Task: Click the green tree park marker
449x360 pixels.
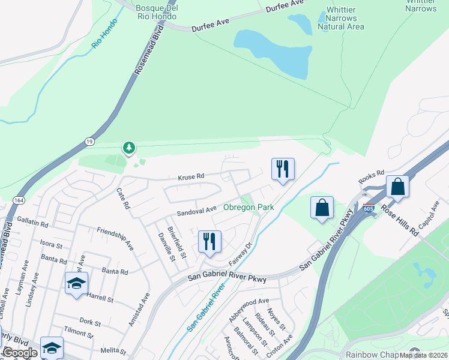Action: coord(128,147)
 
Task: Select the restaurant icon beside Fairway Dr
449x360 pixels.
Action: coord(209,241)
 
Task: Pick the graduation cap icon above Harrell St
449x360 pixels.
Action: coord(77,283)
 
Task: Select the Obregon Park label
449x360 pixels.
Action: coord(249,208)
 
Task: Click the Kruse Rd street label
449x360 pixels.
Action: coord(191,176)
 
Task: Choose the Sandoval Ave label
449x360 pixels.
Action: coord(196,211)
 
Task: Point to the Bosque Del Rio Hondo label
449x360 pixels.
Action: coord(156,12)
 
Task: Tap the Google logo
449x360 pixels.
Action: coord(20,353)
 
